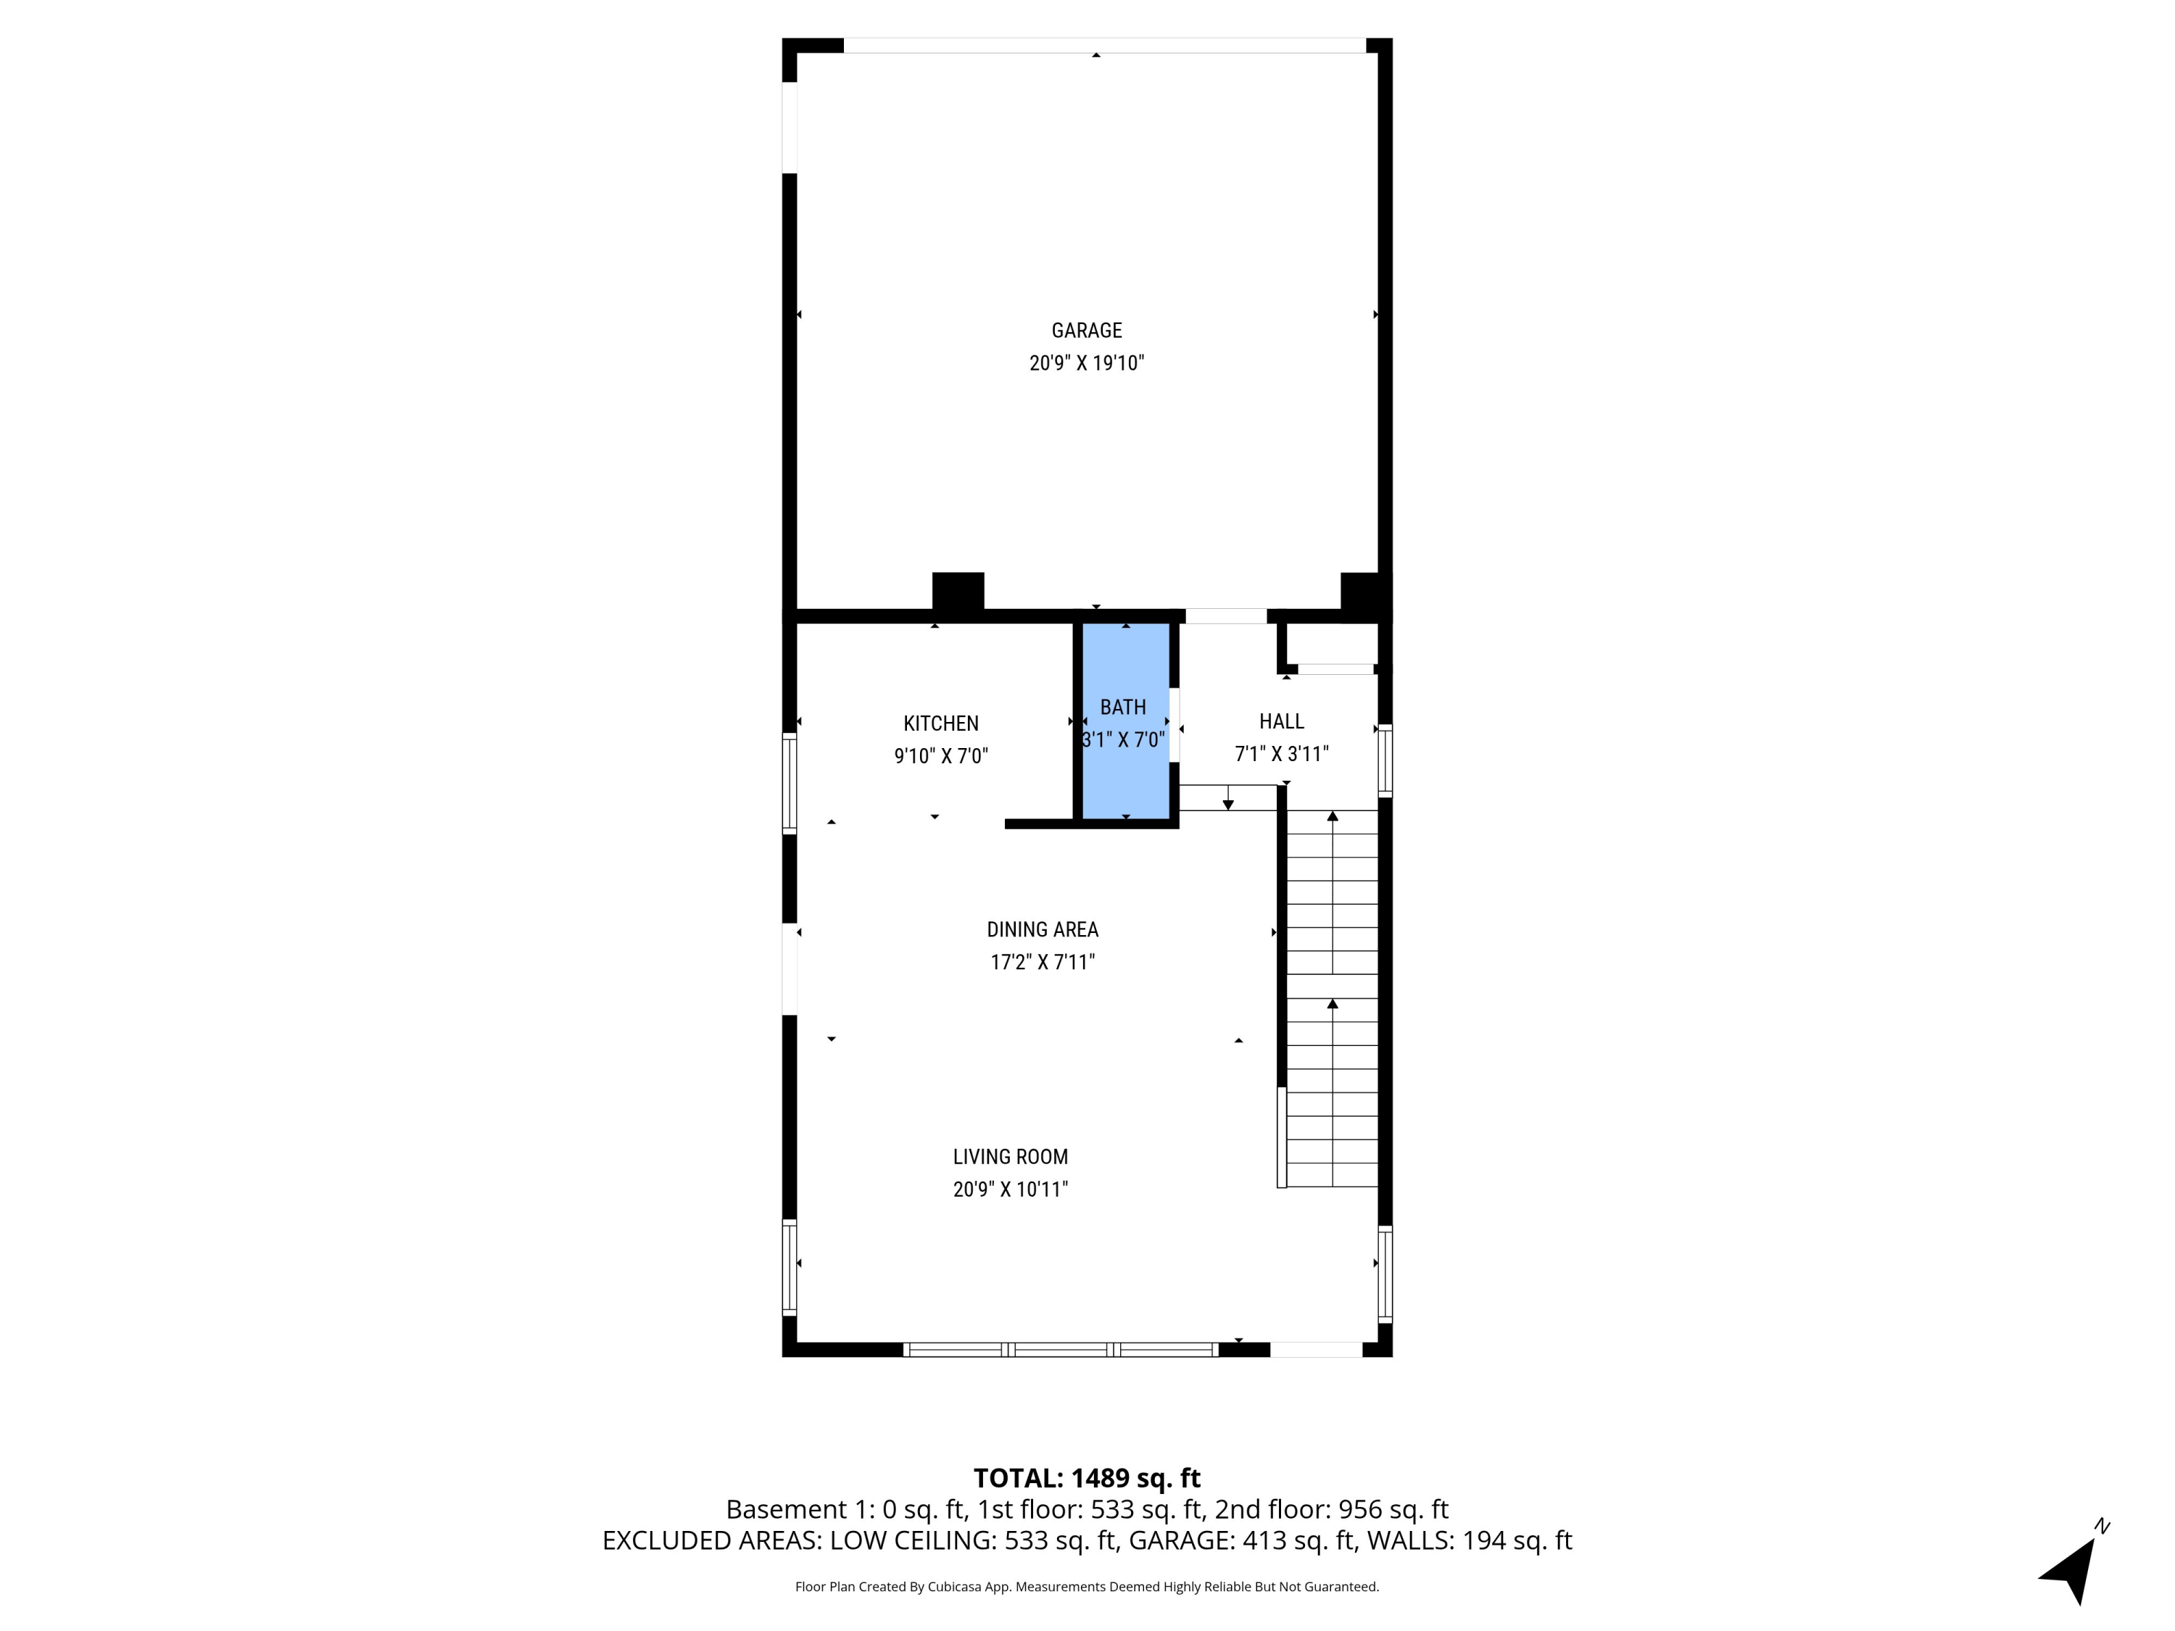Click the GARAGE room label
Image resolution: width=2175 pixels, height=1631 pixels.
click(1087, 331)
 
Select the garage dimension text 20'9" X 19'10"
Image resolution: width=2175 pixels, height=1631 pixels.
click(1087, 362)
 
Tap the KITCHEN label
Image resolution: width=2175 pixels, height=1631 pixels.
click(941, 723)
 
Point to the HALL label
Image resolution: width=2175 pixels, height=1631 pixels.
click(1281, 721)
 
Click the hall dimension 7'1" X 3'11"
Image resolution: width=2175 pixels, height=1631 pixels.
click(1281, 754)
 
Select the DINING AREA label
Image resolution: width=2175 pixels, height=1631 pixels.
click(1043, 929)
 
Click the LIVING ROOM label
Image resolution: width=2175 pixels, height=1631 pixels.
click(1010, 1157)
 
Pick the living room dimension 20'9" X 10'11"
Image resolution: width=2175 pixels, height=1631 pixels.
click(1010, 1190)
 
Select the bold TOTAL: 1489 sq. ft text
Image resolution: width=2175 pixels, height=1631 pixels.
click(1087, 1479)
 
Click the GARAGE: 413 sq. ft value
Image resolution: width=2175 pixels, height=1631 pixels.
click(1241, 1540)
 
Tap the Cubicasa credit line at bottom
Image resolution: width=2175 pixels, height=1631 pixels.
click(1087, 1587)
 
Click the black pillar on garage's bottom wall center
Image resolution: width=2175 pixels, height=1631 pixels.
click(958, 591)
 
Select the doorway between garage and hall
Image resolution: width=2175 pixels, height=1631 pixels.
click(1225, 616)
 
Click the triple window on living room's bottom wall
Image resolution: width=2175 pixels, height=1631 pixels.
click(1061, 1350)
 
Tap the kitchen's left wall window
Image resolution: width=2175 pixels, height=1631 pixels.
click(789, 784)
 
